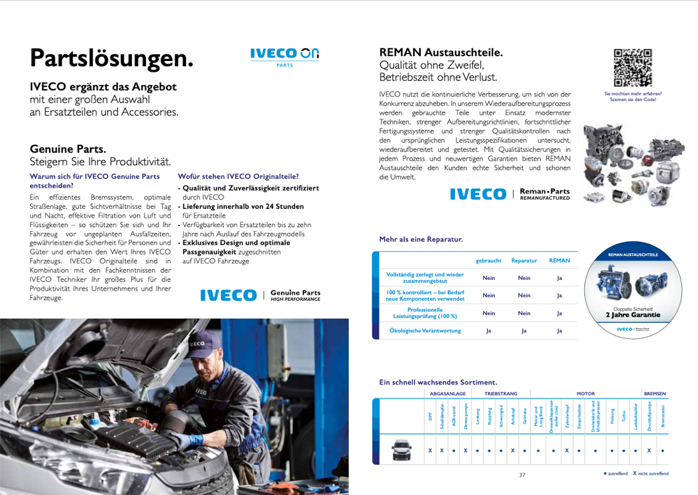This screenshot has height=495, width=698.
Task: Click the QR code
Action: pyautogui.click(x=632, y=68)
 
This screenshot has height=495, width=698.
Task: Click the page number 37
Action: pyautogui.click(x=523, y=475)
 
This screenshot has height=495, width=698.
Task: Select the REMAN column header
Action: pyautogui.click(x=559, y=260)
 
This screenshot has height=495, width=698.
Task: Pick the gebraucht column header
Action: pyautogui.click(x=489, y=260)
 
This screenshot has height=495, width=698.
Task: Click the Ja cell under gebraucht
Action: pyautogui.click(x=489, y=330)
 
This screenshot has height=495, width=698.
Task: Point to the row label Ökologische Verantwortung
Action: pyautogui.click(x=425, y=330)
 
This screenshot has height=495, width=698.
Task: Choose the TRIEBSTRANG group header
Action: pyautogui.click(x=501, y=395)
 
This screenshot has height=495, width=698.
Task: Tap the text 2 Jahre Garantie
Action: pyautogui.click(x=632, y=313)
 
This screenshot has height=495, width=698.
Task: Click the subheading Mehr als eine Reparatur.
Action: pyautogui.click(x=420, y=238)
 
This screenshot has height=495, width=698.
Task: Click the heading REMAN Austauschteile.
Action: pyautogui.click(x=441, y=52)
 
